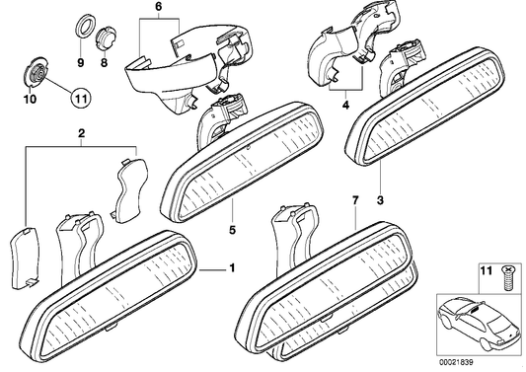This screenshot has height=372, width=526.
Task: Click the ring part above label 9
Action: point(80,27)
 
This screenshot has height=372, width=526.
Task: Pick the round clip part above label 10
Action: point(35,73)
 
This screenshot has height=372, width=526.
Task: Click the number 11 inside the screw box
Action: point(485,270)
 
